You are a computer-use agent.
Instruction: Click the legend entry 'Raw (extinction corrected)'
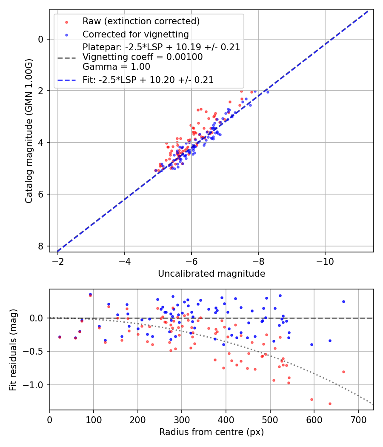[141, 21]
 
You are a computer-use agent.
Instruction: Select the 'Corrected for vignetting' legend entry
[135, 34]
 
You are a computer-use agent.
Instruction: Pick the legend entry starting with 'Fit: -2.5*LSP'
[148, 80]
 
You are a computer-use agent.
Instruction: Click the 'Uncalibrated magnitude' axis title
[212, 274]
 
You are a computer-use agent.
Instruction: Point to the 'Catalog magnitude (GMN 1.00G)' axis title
[29, 131]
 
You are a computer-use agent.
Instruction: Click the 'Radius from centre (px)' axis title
[212, 432]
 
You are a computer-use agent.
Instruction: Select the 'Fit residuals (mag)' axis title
[13, 350]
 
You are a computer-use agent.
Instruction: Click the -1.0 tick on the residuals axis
[35, 385]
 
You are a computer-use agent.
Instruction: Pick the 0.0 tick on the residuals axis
[37, 318]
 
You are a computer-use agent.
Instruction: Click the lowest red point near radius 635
[330, 404]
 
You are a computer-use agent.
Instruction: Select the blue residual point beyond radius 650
[343, 301]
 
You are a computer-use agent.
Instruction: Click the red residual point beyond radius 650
[343, 372]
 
